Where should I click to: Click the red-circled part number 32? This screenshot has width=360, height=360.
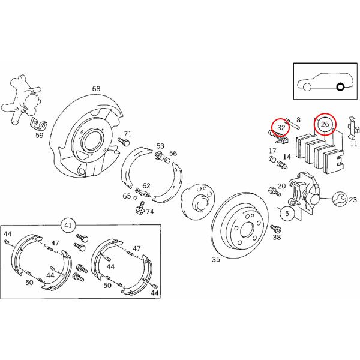pyautogui.click(x=280, y=128)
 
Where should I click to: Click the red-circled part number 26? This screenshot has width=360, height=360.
pyautogui.click(x=325, y=124)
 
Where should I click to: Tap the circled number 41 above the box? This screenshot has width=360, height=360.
pyautogui.click(x=68, y=226)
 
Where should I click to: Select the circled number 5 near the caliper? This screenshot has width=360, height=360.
pyautogui.click(x=287, y=213)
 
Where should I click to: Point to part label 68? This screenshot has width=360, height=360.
pyautogui.click(x=96, y=89)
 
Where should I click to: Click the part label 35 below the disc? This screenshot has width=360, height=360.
pyautogui.click(x=216, y=260)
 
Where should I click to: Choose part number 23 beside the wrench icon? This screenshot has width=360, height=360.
pyautogui.click(x=352, y=200)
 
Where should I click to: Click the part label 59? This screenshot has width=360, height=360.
pyautogui.click(x=40, y=136)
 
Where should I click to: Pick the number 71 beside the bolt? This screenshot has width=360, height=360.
pyautogui.click(x=127, y=134)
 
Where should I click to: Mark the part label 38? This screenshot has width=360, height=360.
pyautogui.click(x=277, y=238)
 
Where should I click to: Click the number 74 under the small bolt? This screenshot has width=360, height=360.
pyautogui.click(x=149, y=212)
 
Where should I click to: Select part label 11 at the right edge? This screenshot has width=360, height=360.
pyautogui.click(x=353, y=144)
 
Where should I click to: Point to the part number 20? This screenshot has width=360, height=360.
pyautogui.click(x=281, y=187)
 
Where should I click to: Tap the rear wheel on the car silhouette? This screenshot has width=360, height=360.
pyautogui.click(x=340, y=88)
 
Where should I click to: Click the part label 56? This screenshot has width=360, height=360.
pyautogui.click(x=173, y=154)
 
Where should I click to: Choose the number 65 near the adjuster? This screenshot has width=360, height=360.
pyautogui.click(x=127, y=196)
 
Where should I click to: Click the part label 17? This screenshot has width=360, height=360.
pyautogui.click(x=272, y=151)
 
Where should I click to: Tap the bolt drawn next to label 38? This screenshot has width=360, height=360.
pyautogui.click(x=275, y=228)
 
